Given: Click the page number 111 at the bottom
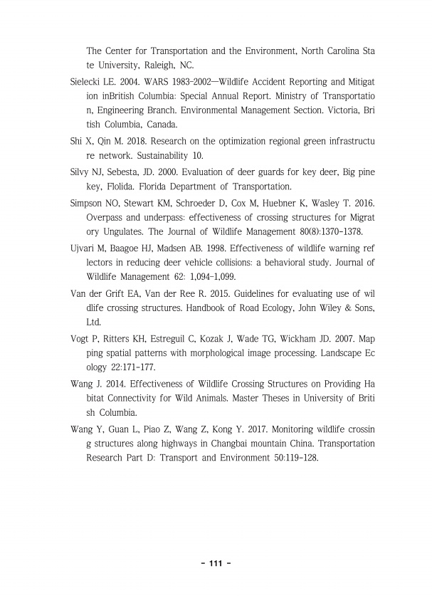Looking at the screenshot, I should coord(216,564).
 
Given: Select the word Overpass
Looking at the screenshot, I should coord(107,218).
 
